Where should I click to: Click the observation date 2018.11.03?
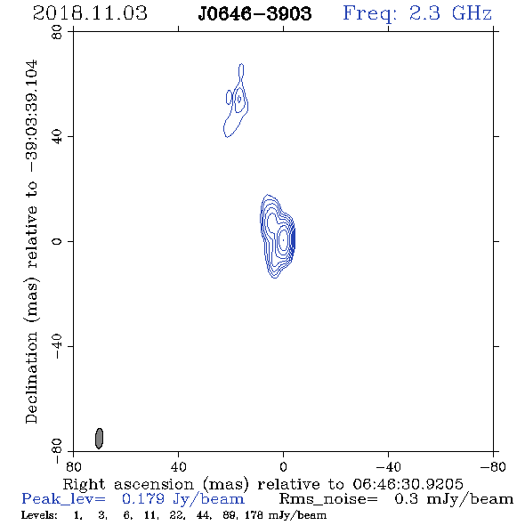[x=90, y=13]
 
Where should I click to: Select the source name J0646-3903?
[x=254, y=13]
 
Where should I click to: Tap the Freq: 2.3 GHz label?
[x=417, y=13]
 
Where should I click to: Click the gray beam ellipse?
[x=99, y=438]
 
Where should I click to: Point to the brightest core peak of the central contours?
[x=283, y=240]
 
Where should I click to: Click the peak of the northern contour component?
[x=239, y=99]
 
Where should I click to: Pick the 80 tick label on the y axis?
[x=57, y=32]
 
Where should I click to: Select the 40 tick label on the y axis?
[x=57, y=137]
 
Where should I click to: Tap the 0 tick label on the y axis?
[x=57, y=241]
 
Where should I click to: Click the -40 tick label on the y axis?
[x=57, y=346]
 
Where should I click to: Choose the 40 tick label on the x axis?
[x=178, y=467]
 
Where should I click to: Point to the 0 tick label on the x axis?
[x=283, y=467]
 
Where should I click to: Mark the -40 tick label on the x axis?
[x=388, y=467]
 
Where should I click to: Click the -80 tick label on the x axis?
[x=493, y=467]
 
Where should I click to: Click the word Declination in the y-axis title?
[x=31, y=378]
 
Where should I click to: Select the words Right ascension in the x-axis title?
[x=128, y=484]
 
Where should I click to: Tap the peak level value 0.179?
[x=143, y=499]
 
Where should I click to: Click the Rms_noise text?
[x=328, y=499]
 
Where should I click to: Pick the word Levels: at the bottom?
[x=39, y=515]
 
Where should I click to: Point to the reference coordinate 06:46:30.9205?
[x=408, y=484]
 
